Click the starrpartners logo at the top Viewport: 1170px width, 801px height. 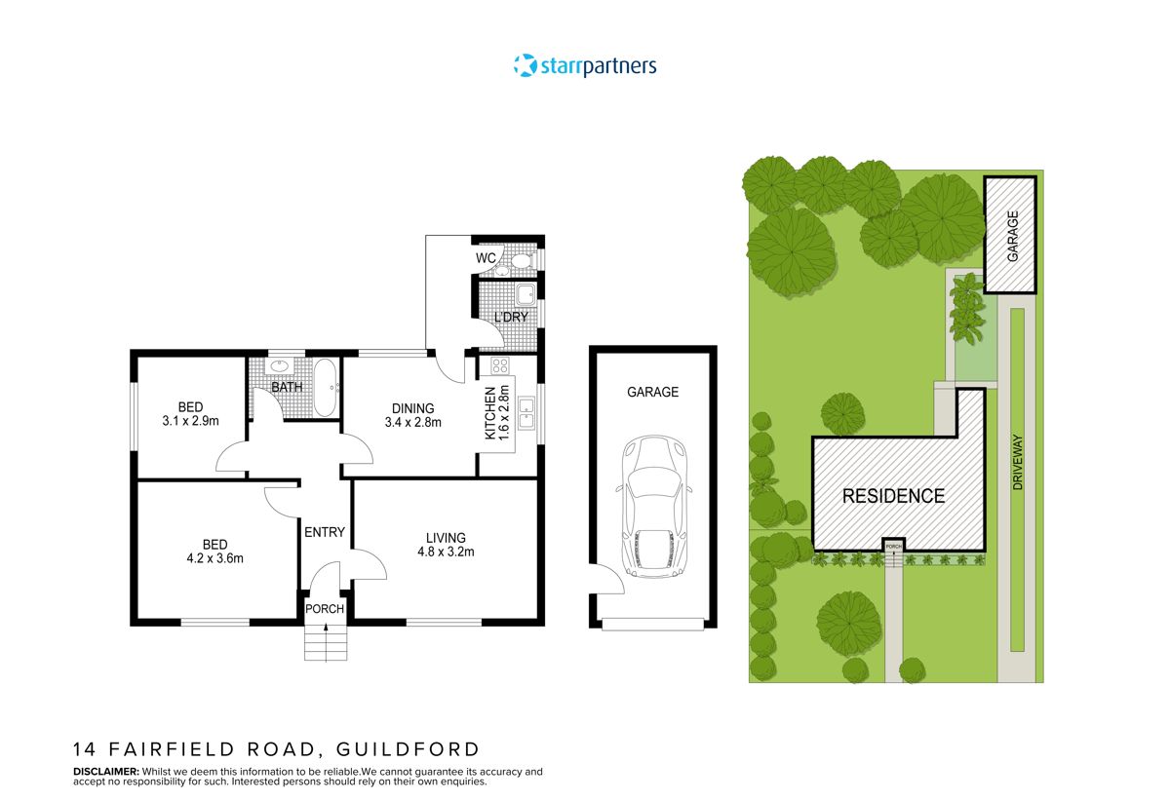585,66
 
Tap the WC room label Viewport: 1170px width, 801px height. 486,258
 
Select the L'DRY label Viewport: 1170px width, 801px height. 510,318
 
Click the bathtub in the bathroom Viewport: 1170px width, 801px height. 325,387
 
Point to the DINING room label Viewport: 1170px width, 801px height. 412,408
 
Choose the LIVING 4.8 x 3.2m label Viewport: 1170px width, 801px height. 446,545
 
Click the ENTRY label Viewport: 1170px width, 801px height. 325,532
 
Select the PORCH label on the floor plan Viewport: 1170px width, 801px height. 325,610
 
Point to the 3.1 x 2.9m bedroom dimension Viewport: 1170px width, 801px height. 190,422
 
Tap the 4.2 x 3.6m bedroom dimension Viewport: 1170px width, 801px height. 214,558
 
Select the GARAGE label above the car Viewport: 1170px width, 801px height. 652,392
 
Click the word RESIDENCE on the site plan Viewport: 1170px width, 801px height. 893,496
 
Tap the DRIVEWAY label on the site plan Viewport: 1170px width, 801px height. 1017,461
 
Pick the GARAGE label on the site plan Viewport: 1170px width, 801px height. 1013,236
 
